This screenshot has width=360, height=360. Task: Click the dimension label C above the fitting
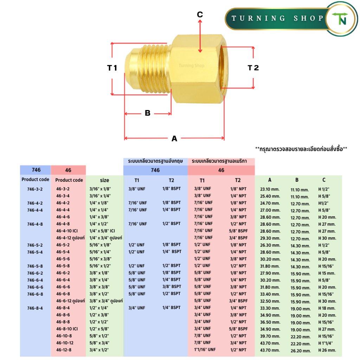(200, 14)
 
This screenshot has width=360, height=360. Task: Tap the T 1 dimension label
(112, 68)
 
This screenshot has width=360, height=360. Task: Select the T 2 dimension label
(253, 68)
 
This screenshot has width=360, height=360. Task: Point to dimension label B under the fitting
(148, 113)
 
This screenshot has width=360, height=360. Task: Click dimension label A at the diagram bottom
(174, 139)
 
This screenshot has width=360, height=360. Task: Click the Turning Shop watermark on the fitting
(192, 66)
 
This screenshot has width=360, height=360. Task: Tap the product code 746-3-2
(35, 189)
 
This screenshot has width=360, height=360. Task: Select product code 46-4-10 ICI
(67, 231)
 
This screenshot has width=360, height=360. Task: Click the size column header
(104, 180)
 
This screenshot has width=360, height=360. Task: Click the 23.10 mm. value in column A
(270, 189)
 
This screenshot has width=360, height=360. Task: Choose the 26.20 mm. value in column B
(301, 351)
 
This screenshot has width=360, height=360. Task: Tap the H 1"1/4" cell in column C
(326, 343)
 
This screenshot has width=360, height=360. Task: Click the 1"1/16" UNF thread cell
(205, 350)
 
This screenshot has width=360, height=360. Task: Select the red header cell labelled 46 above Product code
(69, 170)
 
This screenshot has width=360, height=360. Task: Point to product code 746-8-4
(35, 308)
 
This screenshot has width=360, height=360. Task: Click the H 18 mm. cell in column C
(327, 308)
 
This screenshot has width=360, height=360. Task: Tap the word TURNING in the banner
(258, 18)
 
